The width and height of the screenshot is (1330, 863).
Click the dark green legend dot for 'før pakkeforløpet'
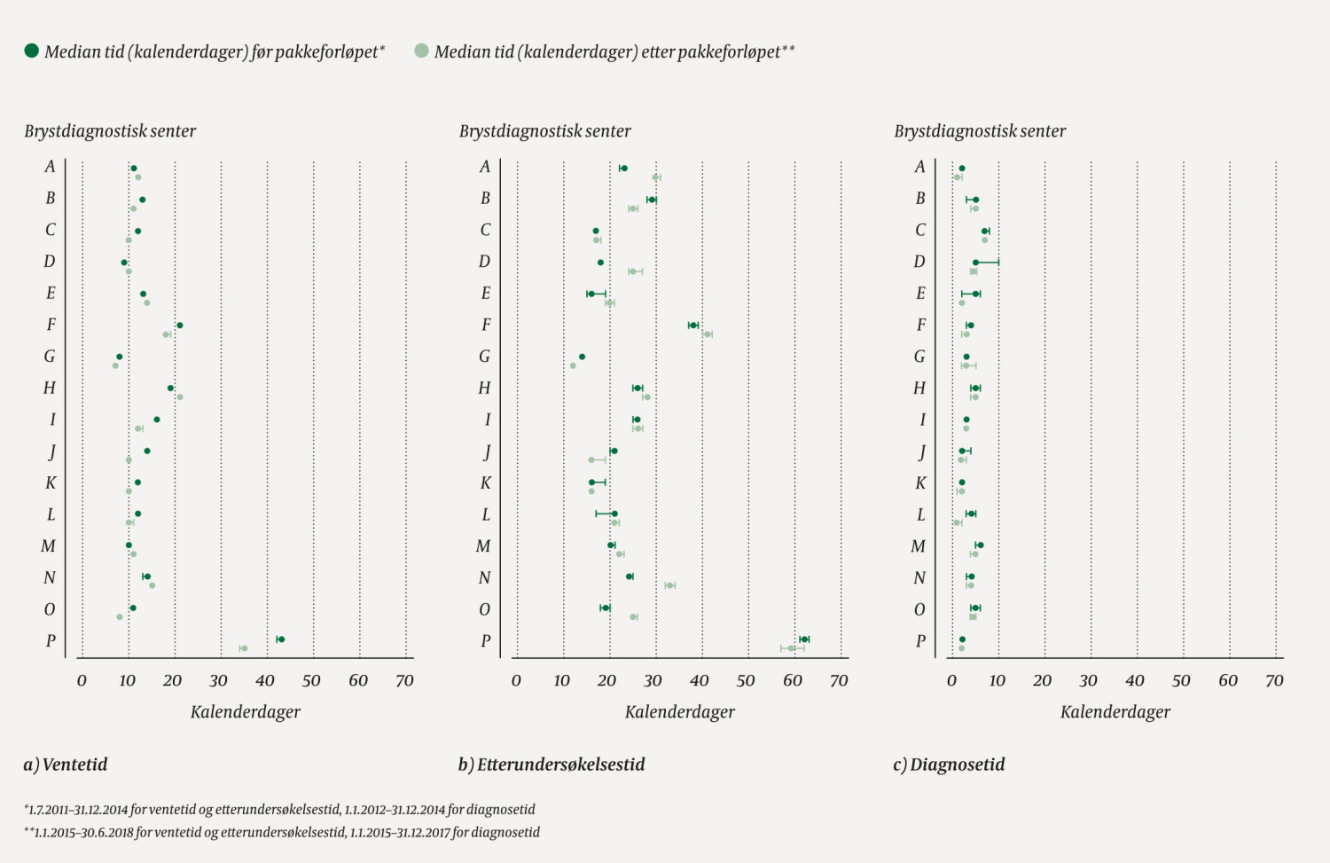click(32, 51)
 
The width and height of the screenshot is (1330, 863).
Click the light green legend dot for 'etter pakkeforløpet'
click(421, 51)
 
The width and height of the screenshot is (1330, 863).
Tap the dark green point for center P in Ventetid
click(280, 639)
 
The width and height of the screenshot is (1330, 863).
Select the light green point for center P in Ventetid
click(244, 648)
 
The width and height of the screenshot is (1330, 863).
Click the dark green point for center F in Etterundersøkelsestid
click(693, 326)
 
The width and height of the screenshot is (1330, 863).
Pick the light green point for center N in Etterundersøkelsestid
click(669, 585)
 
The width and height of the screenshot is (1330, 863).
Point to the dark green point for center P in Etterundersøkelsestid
click(804, 639)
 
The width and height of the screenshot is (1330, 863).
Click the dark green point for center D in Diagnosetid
click(975, 263)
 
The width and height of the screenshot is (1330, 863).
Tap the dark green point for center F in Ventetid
click(179, 326)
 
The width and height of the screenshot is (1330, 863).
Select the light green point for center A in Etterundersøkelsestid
click(656, 177)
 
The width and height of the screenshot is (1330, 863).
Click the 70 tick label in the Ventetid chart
click(404, 681)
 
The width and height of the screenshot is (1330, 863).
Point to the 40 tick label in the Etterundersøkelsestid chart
click(699, 681)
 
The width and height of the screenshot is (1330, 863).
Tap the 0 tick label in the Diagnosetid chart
click(951, 681)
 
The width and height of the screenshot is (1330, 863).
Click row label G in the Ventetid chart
click(50, 357)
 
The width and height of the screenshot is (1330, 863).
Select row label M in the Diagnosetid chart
click(919, 546)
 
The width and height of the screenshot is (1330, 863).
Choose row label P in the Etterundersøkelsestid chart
click(485, 641)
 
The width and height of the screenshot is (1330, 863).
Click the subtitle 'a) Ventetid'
click(66, 765)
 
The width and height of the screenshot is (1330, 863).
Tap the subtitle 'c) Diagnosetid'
click(949, 765)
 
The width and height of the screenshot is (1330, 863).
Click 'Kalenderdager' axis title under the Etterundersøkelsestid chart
click(680, 712)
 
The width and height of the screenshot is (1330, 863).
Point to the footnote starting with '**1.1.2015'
click(281, 833)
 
